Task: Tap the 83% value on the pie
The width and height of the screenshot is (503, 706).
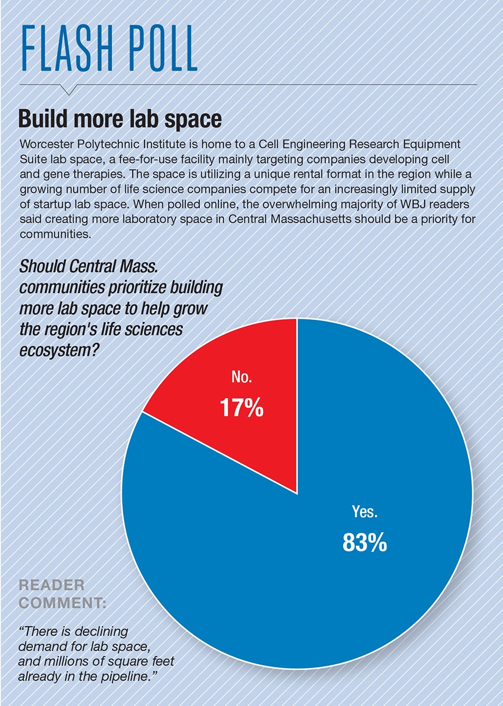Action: click(x=364, y=542)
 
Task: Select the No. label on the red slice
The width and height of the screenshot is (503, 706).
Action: click(x=241, y=378)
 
